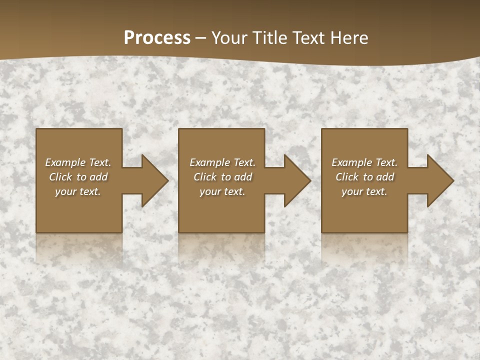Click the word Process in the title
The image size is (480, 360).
(157, 38)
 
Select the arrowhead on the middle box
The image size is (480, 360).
(296, 181)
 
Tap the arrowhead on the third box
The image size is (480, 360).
(439, 181)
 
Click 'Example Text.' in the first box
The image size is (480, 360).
(78, 162)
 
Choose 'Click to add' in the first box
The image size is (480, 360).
(78, 177)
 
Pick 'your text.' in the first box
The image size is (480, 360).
(78, 191)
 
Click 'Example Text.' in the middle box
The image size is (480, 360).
(222, 162)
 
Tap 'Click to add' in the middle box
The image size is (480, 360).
(222, 177)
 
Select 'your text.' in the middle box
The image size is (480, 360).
(222, 191)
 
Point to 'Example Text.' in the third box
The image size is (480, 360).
(364, 162)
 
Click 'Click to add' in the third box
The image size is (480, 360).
(364, 177)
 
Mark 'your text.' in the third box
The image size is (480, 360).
(364, 191)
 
